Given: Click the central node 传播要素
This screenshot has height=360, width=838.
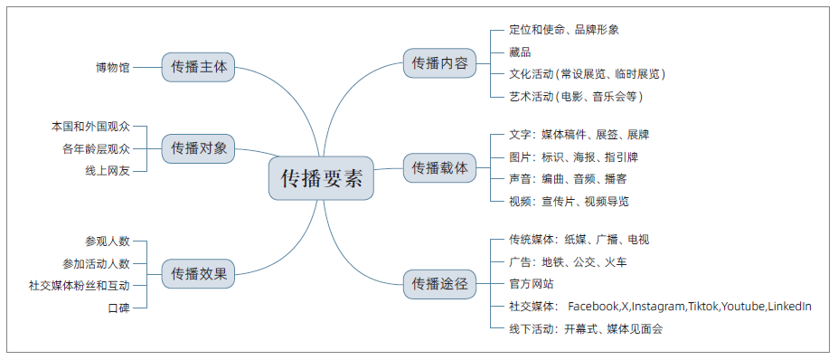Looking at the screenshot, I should click(x=321, y=178).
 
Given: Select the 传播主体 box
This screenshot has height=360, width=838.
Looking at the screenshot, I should click(x=199, y=66).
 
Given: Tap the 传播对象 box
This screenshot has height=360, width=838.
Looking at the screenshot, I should click(x=199, y=148).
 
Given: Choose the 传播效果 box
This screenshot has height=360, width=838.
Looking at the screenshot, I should click(x=199, y=273).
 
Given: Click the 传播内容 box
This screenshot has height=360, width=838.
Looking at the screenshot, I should click(x=439, y=63).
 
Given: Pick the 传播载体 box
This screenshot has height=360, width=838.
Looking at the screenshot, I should click(x=439, y=167).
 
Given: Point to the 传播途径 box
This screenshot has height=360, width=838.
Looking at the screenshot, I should click(x=439, y=284).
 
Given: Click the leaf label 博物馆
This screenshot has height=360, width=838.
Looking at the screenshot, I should click(x=113, y=67).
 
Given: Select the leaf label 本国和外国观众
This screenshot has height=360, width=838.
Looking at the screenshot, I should click(x=91, y=126).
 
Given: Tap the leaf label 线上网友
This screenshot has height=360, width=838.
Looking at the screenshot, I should click(x=108, y=170).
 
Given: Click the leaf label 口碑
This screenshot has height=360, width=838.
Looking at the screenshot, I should click(x=118, y=308).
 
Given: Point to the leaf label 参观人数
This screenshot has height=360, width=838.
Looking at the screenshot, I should click(x=108, y=241).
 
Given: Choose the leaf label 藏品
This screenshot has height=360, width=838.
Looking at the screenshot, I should click(x=520, y=52).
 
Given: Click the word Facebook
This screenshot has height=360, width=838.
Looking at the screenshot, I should click(x=593, y=307).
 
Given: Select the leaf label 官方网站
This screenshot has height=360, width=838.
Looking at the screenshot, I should click(x=531, y=284).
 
